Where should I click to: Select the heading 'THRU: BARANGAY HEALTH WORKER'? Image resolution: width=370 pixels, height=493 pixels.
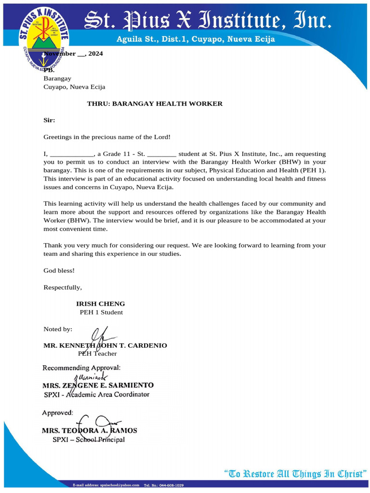click(x=154, y=104)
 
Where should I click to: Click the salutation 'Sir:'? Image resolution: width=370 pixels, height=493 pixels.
click(x=49, y=120)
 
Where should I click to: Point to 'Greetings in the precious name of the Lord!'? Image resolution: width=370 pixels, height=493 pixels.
click(x=107, y=137)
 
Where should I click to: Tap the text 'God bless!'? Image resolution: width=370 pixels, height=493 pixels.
click(x=59, y=271)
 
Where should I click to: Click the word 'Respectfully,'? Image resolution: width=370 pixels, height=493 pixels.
click(x=63, y=287)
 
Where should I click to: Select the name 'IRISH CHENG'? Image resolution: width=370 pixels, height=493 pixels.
click(x=100, y=304)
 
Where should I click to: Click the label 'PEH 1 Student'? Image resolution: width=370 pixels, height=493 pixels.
click(x=101, y=312)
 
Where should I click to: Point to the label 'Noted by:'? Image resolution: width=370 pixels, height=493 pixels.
click(x=58, y=329)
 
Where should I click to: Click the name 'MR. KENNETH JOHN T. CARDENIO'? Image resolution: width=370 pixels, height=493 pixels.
click(x=105, y=346)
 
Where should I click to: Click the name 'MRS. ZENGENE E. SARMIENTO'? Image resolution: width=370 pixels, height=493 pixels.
click(x=98, y=385)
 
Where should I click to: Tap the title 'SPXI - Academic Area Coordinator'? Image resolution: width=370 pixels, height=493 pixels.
click(x=96, y=394)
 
